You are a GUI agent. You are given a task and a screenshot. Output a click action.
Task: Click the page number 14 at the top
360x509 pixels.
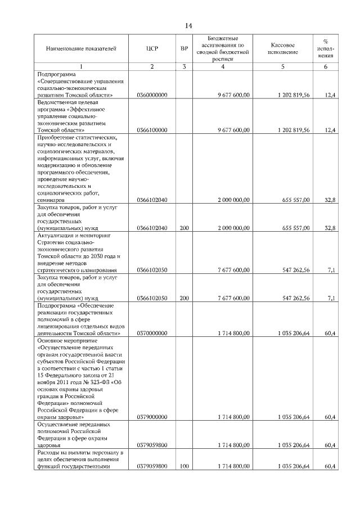click(x=189, y=26)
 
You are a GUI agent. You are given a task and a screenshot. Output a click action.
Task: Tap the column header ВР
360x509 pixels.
click(x=184, y=49)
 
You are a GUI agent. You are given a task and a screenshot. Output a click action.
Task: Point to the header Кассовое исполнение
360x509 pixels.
click(x=282, y=48)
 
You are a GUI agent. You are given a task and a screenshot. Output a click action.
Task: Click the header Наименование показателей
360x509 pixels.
click(x=81, y=49)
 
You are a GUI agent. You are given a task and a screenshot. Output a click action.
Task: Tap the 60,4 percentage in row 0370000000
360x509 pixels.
click(x=331, y=333)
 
